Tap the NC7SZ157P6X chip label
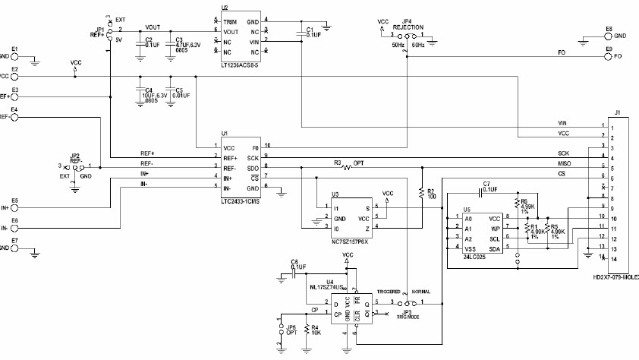coord(352,241)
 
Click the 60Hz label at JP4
coord(419,45)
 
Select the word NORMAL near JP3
coord(423,292)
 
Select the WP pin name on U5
coord(495,228)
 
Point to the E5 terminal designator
coord(15,201)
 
